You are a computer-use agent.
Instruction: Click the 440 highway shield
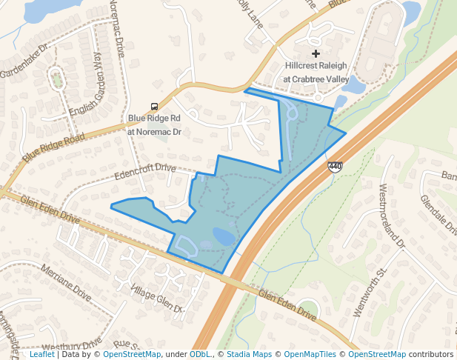335,167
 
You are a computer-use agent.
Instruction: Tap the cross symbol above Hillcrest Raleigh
316,53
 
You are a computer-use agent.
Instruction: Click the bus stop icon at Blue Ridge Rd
153,106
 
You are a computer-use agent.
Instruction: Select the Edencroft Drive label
144,173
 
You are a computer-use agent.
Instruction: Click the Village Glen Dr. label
156,296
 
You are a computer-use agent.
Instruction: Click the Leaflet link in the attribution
41,355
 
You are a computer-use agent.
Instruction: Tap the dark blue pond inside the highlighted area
223,237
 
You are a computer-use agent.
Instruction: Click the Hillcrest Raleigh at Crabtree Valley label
316,72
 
